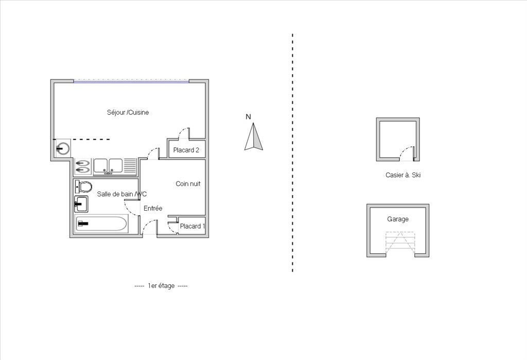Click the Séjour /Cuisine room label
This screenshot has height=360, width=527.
click(128, 112)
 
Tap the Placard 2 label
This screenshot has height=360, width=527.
click(186, 150)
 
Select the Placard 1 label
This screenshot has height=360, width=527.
click(192, 226)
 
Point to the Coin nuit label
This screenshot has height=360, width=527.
click(188, 184)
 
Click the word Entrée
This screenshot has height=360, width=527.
click(153, 208)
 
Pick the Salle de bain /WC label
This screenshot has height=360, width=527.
click(121, 194)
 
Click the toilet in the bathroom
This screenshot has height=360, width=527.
click(83, 186)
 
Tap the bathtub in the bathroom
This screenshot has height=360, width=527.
click(101, 224)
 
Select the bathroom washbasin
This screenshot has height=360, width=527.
click(81, 204)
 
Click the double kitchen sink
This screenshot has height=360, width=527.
click(108, 166)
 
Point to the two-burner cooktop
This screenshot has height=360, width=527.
click(83, 167)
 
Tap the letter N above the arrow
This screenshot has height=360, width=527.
click(249, 117)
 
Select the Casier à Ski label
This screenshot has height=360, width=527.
click(403, 175)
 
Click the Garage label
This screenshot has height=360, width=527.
click(398, 219)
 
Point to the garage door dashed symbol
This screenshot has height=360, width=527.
click(400, 243)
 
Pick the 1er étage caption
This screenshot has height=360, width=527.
click(161, 286)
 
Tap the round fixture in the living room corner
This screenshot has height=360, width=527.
click(63, 148)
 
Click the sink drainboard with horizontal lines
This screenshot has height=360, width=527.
click(130, 166)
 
